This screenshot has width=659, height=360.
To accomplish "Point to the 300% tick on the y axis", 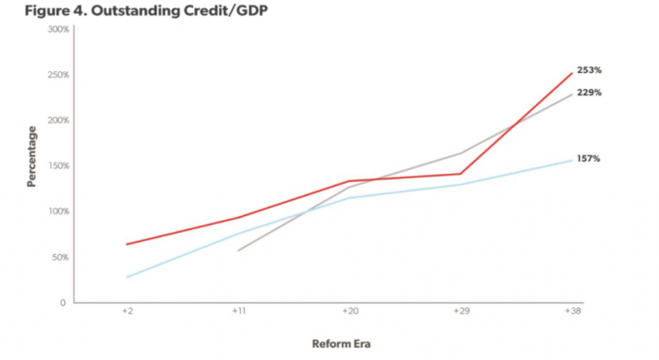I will coord(58,29).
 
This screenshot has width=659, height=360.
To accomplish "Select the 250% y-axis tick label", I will coord(58,75).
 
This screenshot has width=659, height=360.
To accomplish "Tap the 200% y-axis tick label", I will coord(58,120).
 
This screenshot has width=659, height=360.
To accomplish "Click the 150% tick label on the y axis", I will coord(58,166).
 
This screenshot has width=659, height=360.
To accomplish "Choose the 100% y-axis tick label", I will coord(58,212).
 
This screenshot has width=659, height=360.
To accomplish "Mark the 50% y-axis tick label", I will coord(60,257).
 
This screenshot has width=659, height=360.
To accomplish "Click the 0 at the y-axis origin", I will coord(63,303).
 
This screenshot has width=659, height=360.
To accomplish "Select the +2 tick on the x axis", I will coord(128,312).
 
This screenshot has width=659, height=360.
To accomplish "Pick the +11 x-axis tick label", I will coord(238,312).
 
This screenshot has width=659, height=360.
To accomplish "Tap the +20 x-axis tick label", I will coord(349,312).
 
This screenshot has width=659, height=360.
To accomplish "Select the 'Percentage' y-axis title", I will coord(32,156).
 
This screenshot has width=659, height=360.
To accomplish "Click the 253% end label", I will coord(589,70).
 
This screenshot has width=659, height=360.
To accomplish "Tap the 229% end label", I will coord(589,93).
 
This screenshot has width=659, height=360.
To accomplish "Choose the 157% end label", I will coord(589,159).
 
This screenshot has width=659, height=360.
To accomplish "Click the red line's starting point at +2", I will coord(127,244).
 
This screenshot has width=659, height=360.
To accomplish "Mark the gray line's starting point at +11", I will coord(238,250).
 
